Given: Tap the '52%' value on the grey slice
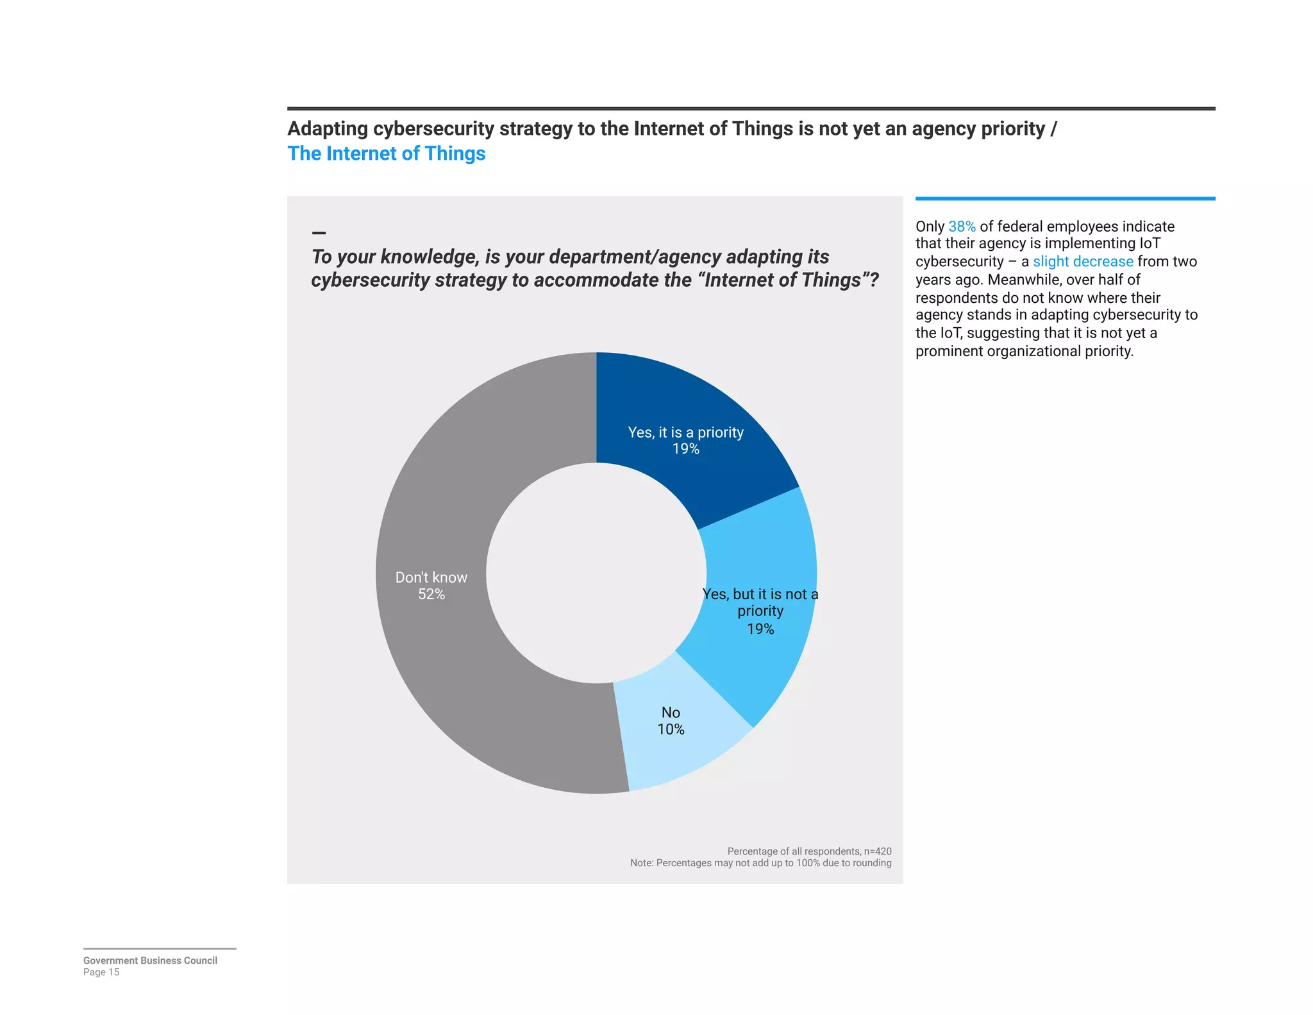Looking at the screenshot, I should [x=431, y=594].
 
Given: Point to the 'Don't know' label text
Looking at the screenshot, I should [x=431, y=577].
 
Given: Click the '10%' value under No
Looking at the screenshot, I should [x=671, y=729].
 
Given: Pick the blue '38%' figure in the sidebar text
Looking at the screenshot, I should [x=962, y=226].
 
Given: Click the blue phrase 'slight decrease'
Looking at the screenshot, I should [x=1083, y=262].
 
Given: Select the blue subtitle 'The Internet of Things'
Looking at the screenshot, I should [x=386, y=154].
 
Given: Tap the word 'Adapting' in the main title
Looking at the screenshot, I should [x=328, y=129].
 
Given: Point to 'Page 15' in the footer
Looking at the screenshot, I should [x=101, y=972].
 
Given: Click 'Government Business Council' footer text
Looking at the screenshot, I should [x=150, y=960].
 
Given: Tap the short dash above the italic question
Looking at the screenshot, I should [x=319, y=233].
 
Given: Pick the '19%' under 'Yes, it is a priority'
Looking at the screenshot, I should [x=685, y=449].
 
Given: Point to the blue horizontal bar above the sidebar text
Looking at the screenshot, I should [x=1065, y=199].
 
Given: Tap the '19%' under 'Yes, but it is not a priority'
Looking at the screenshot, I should [x=760, y=629].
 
